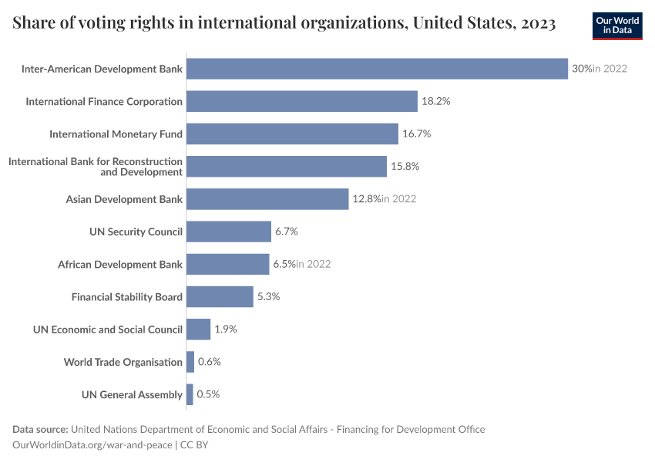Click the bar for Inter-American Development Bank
377,69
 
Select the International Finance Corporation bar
301,101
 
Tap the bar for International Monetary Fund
292,133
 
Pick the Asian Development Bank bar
267,199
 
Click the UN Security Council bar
229,231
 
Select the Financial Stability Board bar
220,296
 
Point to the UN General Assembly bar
190,394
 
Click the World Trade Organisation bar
190,362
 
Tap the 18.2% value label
435,101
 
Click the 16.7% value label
416,133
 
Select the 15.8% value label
405,167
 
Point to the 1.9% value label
226,330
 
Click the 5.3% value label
268,296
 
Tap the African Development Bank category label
120,265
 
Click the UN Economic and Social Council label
108,330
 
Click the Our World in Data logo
617,25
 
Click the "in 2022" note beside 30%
610,69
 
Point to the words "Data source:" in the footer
40,429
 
